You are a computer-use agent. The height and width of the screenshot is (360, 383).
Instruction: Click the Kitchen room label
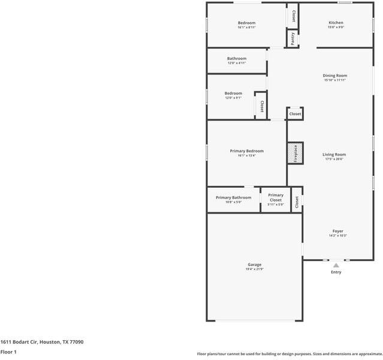click(x=336, y=23)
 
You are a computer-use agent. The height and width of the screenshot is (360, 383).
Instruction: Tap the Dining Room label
click(x=335, y=76)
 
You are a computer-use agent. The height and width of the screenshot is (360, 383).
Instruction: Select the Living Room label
click(x=335, y=154)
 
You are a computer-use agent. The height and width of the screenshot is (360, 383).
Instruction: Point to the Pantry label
click(x=292, y=38)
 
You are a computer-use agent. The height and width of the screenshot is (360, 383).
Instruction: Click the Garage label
click(x=254, y=265)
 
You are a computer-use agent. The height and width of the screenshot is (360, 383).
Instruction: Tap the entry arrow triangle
click(x=336, y=265)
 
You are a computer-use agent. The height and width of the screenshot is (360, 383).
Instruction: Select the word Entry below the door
click(x=336, y=272)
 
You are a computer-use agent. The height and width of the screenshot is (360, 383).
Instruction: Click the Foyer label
click(x=338, y=231)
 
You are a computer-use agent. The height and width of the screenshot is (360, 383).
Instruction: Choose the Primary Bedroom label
click(x=246, y=151)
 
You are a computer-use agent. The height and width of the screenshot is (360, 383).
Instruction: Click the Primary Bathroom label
click(x=233, y=197)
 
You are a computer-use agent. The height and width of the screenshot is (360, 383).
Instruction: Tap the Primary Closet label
click(x=276, y=197)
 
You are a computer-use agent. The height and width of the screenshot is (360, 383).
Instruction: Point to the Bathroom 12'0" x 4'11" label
click(x=237, y=59)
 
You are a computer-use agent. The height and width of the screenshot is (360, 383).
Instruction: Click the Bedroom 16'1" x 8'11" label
click(x=246, y=23)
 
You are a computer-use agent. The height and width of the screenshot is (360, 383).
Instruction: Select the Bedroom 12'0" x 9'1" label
click(x=233, y=93)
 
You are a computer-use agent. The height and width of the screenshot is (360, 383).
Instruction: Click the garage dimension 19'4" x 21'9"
click(x=254, y=269)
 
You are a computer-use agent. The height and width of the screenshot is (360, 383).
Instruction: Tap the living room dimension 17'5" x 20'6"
click(x=335, y=159)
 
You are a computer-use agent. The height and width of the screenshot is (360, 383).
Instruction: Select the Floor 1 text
click(x=8, y=352)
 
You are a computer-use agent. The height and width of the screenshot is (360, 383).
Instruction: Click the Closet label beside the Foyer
click(x=296, y=202)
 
